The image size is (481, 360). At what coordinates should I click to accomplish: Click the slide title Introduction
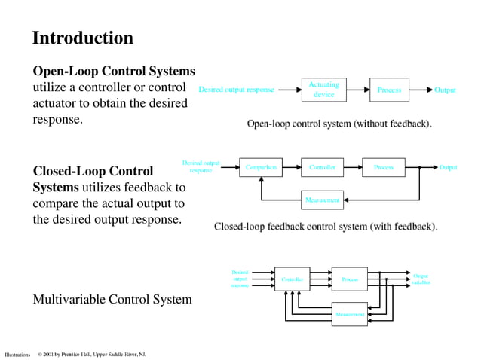tap(82, 38)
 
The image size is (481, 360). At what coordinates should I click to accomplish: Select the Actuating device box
tap(323, 90)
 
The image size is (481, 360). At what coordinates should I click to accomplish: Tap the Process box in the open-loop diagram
tap(389, 90)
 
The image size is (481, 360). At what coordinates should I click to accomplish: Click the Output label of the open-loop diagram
tap(445, 90)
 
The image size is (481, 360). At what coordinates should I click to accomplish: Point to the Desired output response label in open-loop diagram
tap(236, 90)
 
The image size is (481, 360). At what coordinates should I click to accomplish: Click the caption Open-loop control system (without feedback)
tap(339, 123)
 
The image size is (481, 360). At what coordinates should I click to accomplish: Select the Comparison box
tap(261, 167)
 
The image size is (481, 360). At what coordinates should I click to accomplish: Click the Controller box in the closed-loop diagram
tap(322, 167)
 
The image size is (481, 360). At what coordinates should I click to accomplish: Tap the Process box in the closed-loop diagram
tap(383, 167)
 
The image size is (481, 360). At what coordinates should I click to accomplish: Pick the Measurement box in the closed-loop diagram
tap(322, 200)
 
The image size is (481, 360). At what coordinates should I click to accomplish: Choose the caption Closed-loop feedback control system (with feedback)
tap(326, 226)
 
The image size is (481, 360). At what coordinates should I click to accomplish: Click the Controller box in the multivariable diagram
tap(292, 279)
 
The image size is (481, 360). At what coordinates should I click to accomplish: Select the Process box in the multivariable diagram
tap(350, 279)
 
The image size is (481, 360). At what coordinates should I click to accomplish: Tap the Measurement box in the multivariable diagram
tap(350, 313)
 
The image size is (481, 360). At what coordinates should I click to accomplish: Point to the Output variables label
tap(421, 279)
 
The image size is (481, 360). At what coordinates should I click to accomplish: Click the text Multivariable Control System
tap(112, 300)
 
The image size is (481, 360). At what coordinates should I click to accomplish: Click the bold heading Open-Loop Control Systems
tap(114, 71)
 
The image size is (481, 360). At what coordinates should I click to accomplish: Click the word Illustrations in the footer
tap(17, 354)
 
